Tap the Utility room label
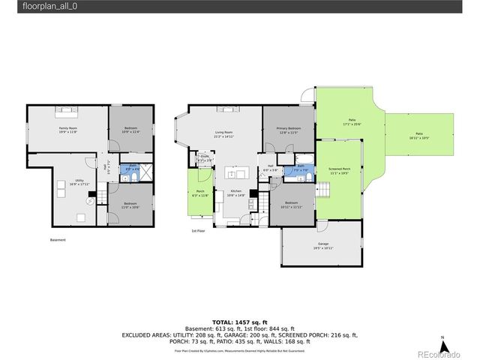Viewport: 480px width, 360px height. [x=79, y=182]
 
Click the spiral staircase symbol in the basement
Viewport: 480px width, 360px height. [x=90, y=201]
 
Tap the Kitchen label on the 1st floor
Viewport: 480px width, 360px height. [x=236, y=193]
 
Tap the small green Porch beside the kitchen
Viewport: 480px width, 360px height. [x=200, y=193]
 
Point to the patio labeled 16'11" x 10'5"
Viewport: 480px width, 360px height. [x=418, y=136]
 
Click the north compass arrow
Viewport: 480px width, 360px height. [x=443, y=346]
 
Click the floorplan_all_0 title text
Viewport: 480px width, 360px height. [x=28, y=6]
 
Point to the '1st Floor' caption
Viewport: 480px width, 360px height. [x=198, y=232]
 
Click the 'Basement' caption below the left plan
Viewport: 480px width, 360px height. [x=58, y=240]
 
